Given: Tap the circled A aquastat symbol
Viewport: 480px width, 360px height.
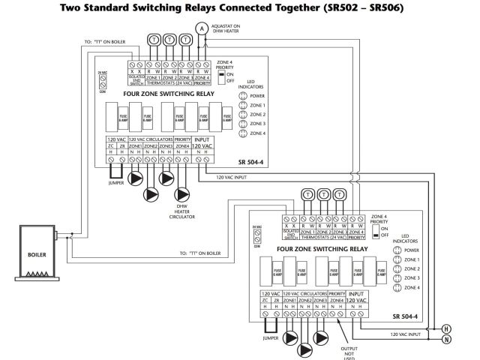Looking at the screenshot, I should pos(201,27).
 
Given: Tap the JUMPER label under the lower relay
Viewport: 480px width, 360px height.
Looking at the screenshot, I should pos(271,338).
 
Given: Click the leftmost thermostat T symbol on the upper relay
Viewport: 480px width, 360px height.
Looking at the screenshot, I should pos(153,38).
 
